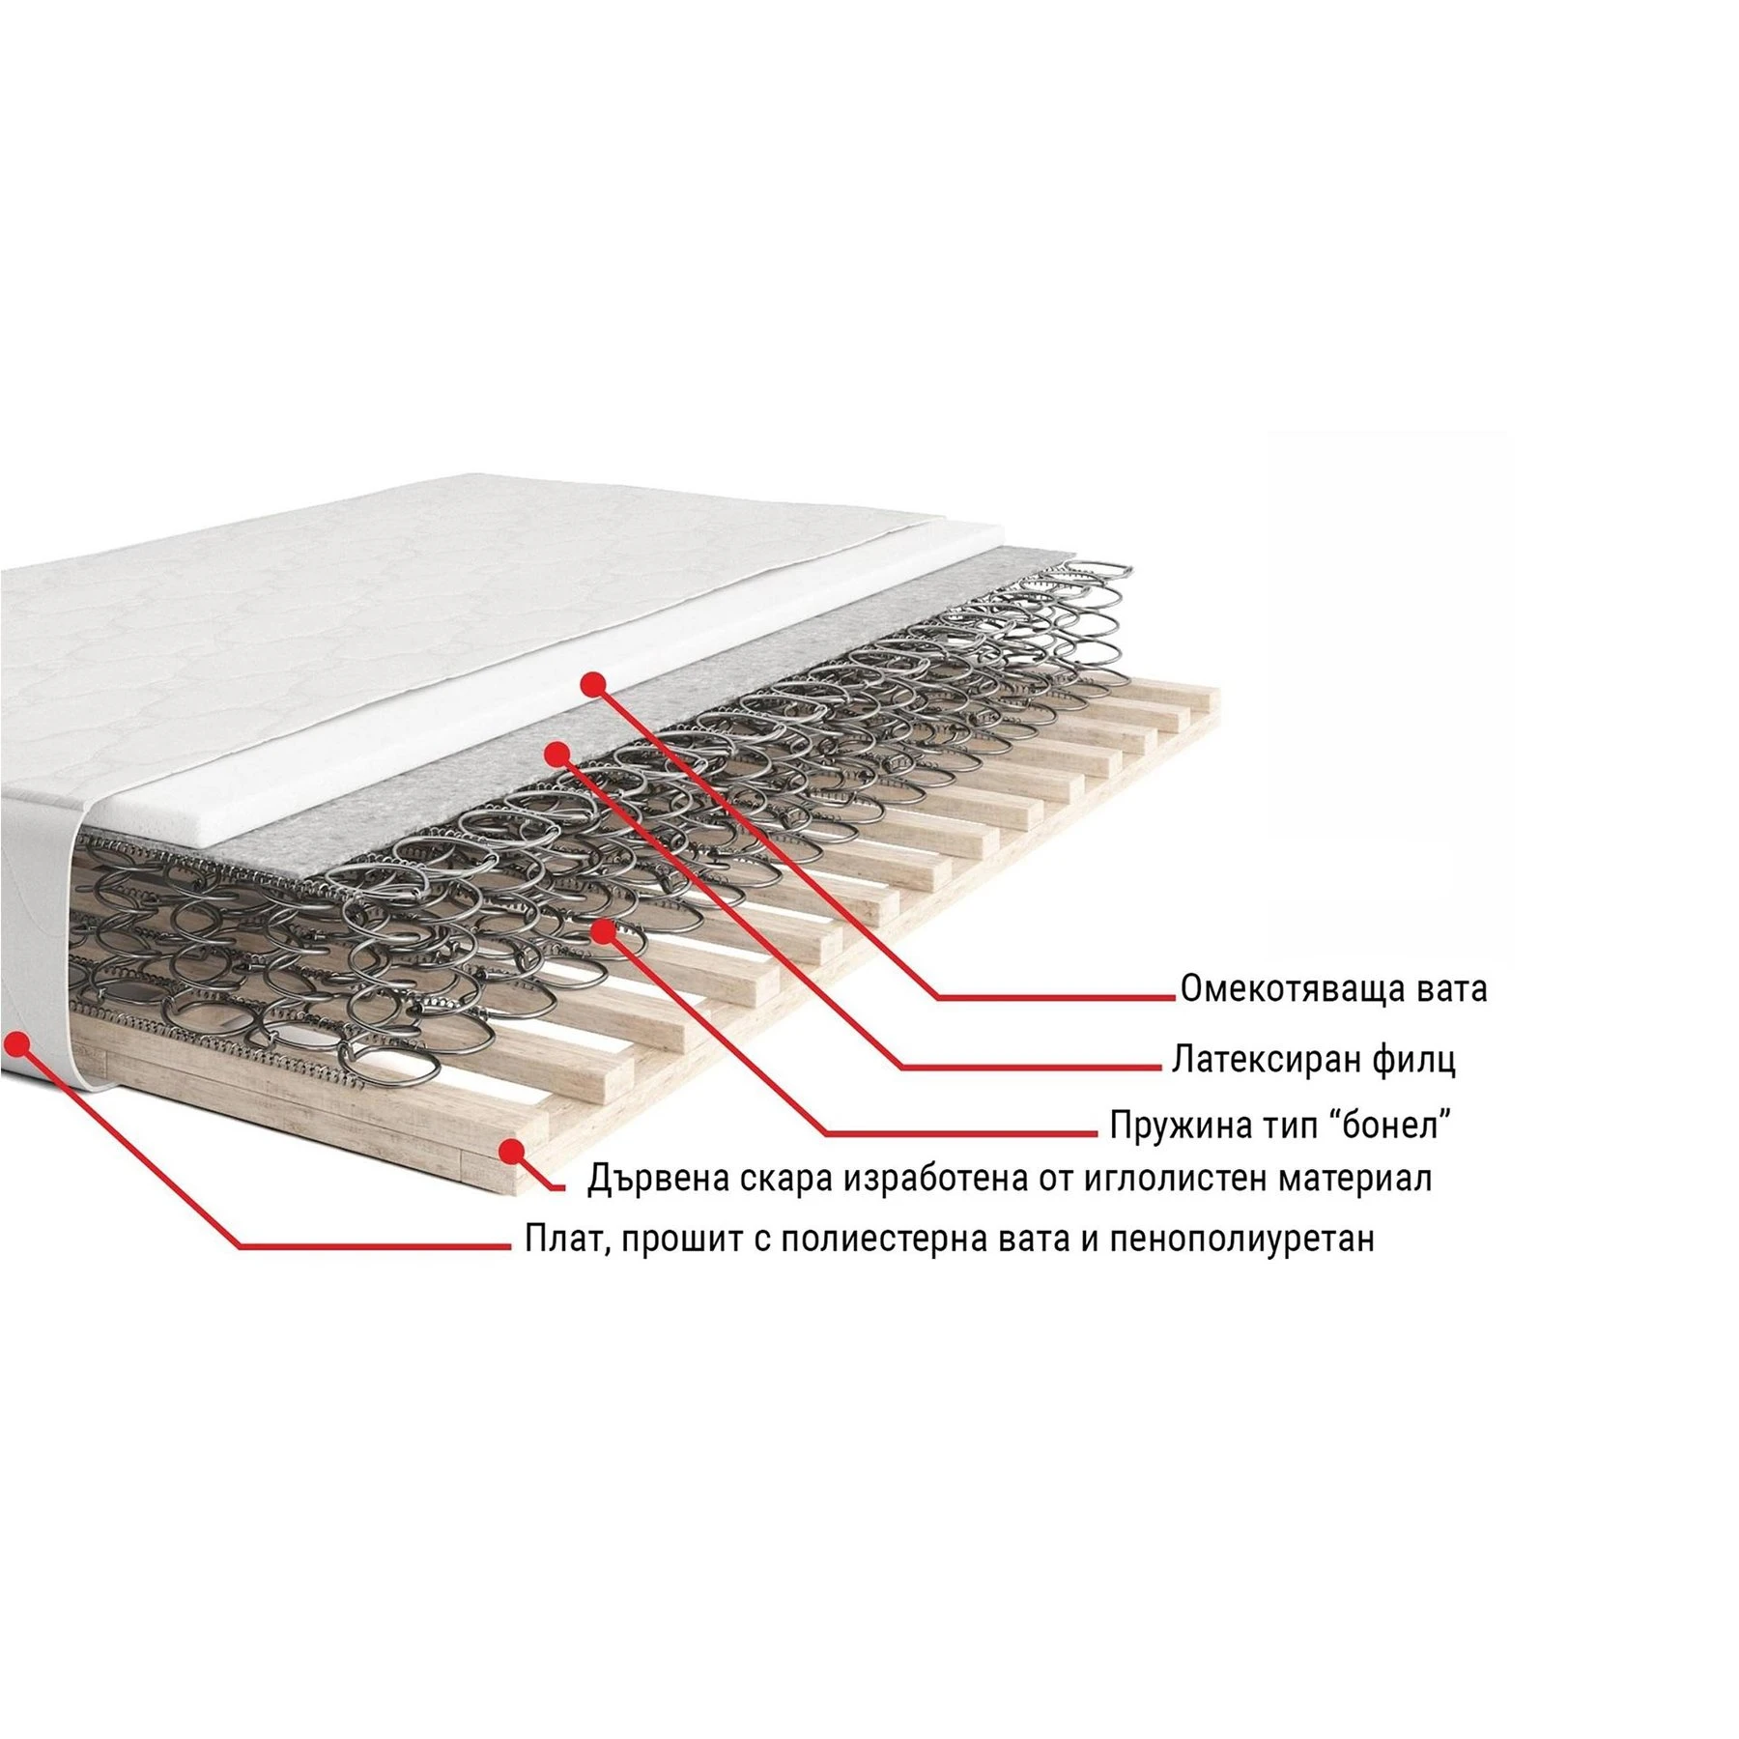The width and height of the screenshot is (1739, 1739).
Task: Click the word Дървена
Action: coord(659,1180)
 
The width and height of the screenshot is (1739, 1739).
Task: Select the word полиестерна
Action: coord(887,1240)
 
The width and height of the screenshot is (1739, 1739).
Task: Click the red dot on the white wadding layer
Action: coord(593,683)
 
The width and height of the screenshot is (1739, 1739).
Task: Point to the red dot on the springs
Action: coord(604,930)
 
